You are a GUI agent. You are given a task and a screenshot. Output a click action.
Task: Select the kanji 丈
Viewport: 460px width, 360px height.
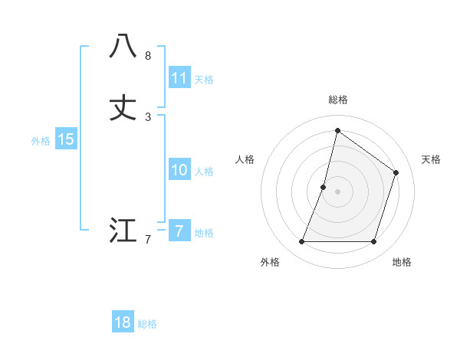(x=123, y=108)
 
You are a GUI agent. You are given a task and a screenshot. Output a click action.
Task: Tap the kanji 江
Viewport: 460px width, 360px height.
(x=123, y=231)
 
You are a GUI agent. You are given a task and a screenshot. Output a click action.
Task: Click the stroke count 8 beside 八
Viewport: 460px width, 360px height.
(x=148, y=56)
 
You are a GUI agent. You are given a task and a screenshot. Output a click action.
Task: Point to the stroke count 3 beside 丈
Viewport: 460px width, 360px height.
(x=148, y=117)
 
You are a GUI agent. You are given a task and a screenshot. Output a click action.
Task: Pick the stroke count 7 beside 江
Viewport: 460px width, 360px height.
(x=148, y=240)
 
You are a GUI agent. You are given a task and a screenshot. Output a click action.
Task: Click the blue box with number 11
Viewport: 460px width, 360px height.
(x=179, y=78)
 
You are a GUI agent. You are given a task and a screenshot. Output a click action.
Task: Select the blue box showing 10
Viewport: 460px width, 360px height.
(x=179, y=170)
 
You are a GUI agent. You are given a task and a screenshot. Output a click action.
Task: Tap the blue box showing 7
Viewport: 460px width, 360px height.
(x=179, y=231)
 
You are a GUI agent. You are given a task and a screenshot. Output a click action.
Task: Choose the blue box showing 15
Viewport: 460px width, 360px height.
(x=66, y=139)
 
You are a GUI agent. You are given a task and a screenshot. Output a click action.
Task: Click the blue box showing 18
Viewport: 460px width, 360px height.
(x=123, y=322)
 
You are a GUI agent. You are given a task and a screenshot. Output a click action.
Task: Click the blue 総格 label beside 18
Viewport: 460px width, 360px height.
(x=147, y=324)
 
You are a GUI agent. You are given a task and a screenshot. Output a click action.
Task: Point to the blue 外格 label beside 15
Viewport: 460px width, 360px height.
(x=41, y=141)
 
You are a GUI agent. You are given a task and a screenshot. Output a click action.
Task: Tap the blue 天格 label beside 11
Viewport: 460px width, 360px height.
(x=204, y=80)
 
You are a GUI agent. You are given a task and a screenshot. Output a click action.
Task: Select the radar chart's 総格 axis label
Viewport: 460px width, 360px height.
(x=337, y=100)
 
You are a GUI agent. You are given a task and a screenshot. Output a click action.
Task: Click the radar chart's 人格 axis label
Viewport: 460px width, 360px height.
(x=245, y=159)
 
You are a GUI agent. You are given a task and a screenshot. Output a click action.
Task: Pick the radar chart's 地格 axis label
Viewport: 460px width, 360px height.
(x=402, y=262)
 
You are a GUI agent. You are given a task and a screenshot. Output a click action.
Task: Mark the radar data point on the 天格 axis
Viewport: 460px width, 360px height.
(x=396, y=172)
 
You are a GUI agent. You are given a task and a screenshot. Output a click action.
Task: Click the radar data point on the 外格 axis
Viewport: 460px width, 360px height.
(x=301, y=242)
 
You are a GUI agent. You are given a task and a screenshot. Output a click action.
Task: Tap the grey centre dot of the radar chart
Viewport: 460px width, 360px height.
(x=337, y=191)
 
